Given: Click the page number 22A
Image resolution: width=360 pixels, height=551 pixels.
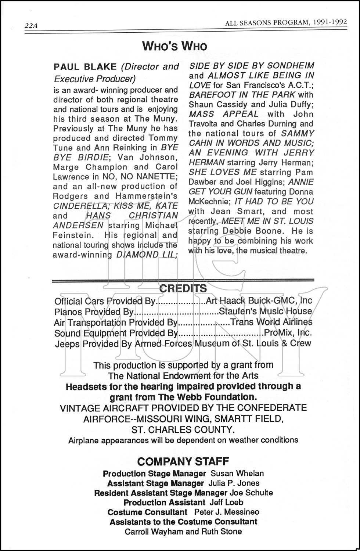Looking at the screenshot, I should coord(31,26).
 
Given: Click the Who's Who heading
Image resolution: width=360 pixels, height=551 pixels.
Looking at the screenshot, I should coord(174,46).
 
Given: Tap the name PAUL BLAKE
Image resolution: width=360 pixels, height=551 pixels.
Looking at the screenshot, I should coord(85,67).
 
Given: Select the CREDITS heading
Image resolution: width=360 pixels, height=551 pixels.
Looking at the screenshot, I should coord(183,288).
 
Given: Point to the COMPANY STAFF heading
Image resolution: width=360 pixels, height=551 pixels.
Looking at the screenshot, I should coord(183,461).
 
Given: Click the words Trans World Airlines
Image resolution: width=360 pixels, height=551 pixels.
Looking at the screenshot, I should coord(271,322).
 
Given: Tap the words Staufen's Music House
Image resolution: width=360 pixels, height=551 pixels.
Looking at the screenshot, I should coord(265,311).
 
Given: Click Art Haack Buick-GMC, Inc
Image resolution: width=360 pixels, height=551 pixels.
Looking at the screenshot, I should coord(259,301).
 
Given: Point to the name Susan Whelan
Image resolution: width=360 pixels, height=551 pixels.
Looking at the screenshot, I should coord(237,473).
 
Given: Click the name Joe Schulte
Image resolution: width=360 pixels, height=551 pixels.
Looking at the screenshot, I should coord(251,493).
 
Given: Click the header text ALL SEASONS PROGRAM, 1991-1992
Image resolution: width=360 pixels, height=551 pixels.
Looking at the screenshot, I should coord(286,22).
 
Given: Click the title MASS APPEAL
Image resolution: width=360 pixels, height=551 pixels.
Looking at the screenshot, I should coord(223,114).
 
